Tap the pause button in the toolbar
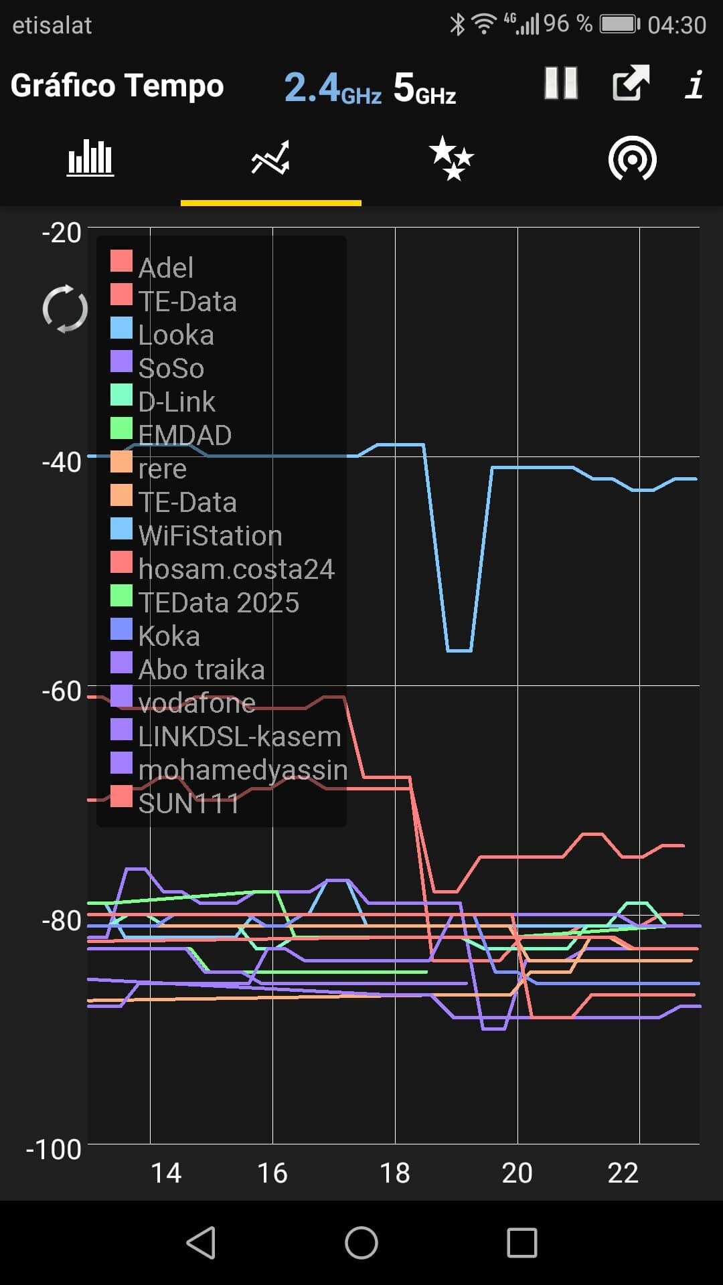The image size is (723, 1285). (x=561, y=84)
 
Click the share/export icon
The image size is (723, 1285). (x=631, y=84)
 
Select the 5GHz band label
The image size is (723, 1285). (x=424, y=88)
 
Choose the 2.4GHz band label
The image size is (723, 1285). (x=333, y=88)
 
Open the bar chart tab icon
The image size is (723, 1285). (x=90, y=159)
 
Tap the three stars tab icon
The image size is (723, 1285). (x=451, y=159)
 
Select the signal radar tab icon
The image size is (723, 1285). (x=632, y=159)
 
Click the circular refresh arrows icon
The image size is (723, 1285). (x=65, y=309)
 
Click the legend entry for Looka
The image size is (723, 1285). (x=176, y=335)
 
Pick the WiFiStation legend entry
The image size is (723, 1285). (x=210, y=535)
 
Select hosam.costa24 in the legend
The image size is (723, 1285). (x=236, y=569)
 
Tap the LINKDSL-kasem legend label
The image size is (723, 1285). (x=240, y=736)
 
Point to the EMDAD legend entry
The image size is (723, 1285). (x=185, y=435)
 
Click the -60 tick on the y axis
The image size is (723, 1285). (x=62, y=691)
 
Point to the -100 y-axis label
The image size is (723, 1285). (x=54, y=1149)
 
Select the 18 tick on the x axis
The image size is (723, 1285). (x=394, y=1173)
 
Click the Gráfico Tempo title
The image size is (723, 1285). (x=117, y=86)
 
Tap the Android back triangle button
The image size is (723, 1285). (x=201, y=1243)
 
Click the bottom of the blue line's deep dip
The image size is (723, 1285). (x=459, y=650)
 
